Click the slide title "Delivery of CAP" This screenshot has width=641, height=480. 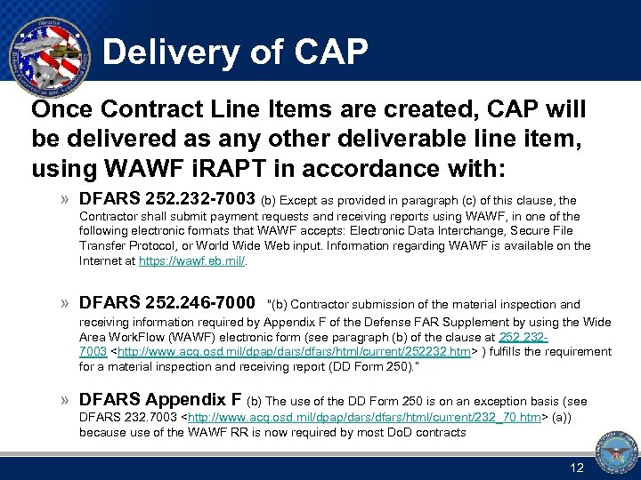coord(235,53)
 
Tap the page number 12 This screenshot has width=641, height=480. coord(576,468)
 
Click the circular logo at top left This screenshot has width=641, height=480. coord(48,50)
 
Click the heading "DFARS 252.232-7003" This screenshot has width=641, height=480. coord(167,198)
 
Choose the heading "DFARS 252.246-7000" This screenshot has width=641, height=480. coord(167,302)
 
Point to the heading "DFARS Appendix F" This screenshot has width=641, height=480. coord(160,399)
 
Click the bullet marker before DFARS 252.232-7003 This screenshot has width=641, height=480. coord(65,199)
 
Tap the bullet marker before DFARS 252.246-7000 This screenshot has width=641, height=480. coord(65,303)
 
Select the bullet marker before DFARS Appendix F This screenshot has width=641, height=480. coord(65,400)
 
